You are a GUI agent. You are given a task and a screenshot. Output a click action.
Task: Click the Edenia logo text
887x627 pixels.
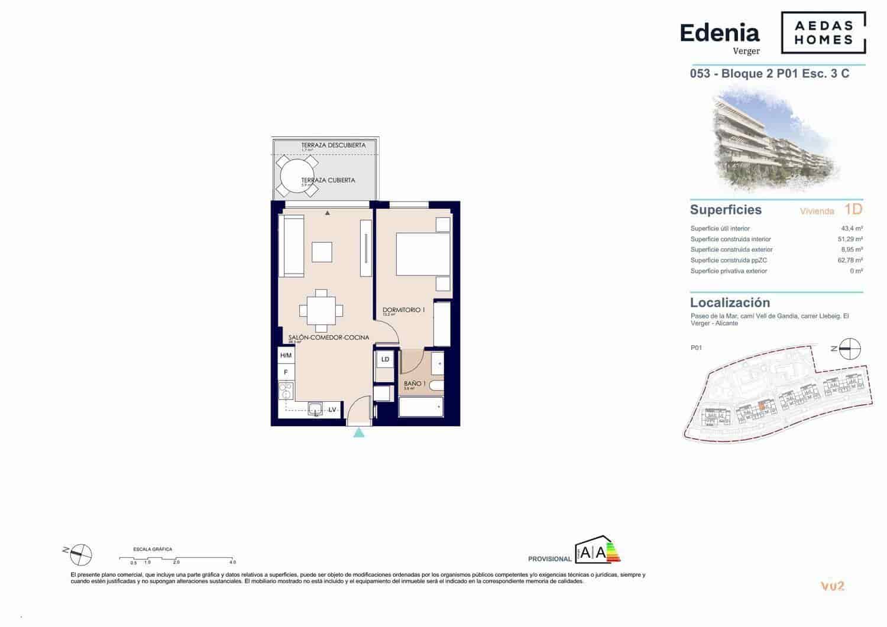click(720, 33)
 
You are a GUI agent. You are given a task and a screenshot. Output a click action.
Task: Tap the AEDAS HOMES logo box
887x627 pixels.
click(823, 33)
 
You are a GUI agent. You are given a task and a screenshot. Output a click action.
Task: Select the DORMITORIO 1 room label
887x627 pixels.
click(403, 310)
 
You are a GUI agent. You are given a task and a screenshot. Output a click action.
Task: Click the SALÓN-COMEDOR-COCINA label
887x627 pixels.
click(329, 337)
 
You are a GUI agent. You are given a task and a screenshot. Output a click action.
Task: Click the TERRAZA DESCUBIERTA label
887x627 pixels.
click(333, 145)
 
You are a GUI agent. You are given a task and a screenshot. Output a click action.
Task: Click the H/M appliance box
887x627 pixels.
click(286, 355)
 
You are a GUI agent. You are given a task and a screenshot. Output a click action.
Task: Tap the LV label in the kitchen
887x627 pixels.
click(332, 410)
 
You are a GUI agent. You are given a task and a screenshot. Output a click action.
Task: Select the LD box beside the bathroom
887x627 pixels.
click(385, 359)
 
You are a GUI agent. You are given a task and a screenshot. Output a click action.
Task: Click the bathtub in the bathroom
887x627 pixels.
click(421, 407)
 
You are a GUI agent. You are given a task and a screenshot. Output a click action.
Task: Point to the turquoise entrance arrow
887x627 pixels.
click(359, 433)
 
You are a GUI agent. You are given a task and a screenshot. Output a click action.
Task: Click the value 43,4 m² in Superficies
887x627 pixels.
click(852, 229)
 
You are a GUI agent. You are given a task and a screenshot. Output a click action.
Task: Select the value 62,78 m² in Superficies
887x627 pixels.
click(851, 260)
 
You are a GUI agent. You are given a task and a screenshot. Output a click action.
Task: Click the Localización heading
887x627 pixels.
click(730, 303)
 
